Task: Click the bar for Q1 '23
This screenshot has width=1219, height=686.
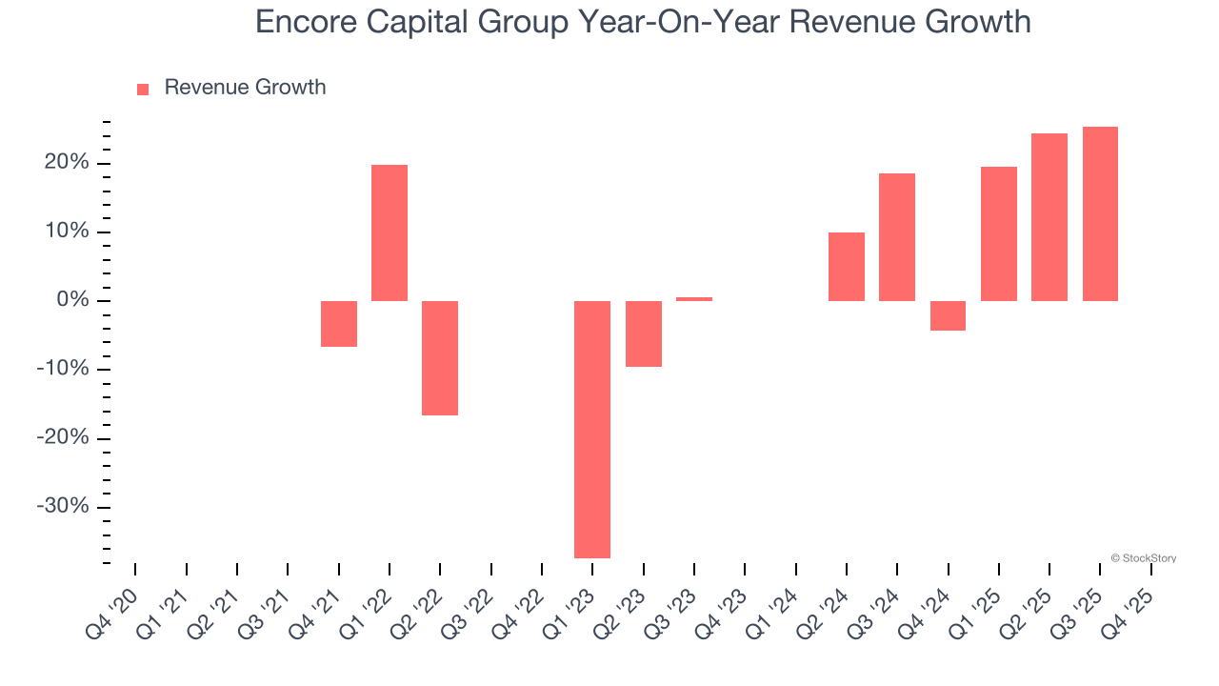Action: click(592, 429)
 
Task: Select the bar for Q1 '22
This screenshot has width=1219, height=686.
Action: click(390, 232)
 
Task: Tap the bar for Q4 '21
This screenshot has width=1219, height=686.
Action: click(339, 324)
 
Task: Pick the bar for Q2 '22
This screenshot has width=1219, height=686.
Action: click(440, 358)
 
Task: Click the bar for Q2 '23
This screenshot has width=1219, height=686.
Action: click(643, 333)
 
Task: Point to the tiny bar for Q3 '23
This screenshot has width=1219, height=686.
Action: click(694, 299)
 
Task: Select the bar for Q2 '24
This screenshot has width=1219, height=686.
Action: click(847, 267)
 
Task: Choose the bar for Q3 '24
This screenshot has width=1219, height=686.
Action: click(897, 237)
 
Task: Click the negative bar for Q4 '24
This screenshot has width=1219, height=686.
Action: click(948, 315)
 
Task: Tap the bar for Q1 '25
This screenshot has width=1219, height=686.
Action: click(999, 233)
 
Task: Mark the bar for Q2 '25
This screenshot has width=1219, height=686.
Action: click(1049, 217)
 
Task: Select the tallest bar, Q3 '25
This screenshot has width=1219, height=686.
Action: click(1100, 213)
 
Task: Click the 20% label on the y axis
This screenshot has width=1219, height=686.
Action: click(66, 163)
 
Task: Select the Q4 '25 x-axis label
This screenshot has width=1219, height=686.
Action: click(1131, 614)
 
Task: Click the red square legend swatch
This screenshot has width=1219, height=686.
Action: click(143, 90)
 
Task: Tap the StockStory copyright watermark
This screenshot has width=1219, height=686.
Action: click(1143, 558)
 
